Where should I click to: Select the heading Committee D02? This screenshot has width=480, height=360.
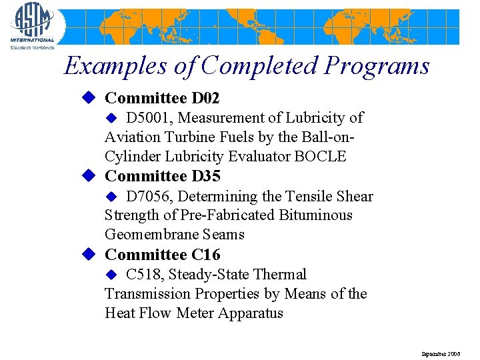coord(162,99)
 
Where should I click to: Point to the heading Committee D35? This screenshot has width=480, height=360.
coord(163,177)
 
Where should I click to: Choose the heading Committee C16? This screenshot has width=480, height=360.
coord(163,255)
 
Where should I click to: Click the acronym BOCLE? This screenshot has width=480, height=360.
coord(323,157)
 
